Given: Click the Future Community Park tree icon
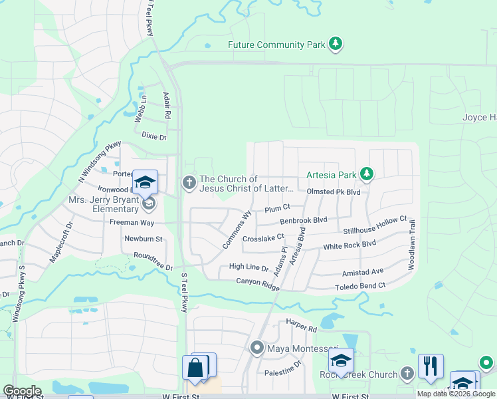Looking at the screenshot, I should coord(337,45).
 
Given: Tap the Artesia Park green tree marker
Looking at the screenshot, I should coord(366,174).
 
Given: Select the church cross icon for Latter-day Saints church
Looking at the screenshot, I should coord(189,182).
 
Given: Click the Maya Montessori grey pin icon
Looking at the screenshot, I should coord(257,348).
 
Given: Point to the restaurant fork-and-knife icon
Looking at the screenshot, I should coord(431,365).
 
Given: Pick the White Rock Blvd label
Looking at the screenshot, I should coord(349,245).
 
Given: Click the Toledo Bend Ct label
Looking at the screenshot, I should coord(359,285).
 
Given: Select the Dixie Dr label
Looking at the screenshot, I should coord(153,135).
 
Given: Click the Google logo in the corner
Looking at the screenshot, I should coord(22,391).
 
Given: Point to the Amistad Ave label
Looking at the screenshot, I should coord(363,272).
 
